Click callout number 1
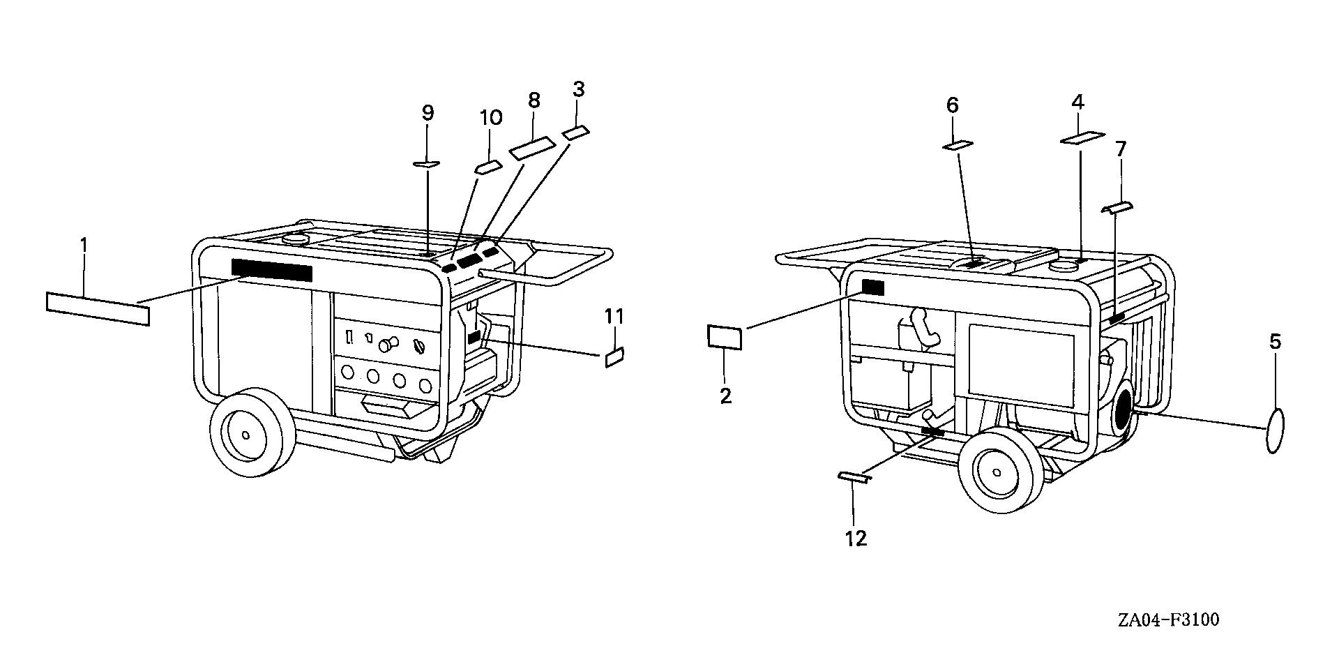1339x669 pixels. tap(84, 246)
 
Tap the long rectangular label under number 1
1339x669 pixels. tap(98, 308)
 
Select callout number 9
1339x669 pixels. tap(428, 112)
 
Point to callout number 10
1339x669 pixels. tap(490, 117)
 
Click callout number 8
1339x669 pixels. tap(534, 100)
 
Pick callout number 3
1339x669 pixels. tap(578, 89)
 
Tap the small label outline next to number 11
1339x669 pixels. tap(614, 358)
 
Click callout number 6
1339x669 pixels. tap(953, 105)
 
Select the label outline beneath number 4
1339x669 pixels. tap(1082, 137)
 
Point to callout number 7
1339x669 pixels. tap(1121, 149)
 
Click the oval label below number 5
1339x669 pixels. tap(1274, 431)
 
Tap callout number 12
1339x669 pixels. tap(856, 539)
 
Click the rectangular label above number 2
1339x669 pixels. tap(725, 337)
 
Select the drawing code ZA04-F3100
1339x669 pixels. tap(1167, 619)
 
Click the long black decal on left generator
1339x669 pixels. tap(272, 270)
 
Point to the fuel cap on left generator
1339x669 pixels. tap(297, 239)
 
